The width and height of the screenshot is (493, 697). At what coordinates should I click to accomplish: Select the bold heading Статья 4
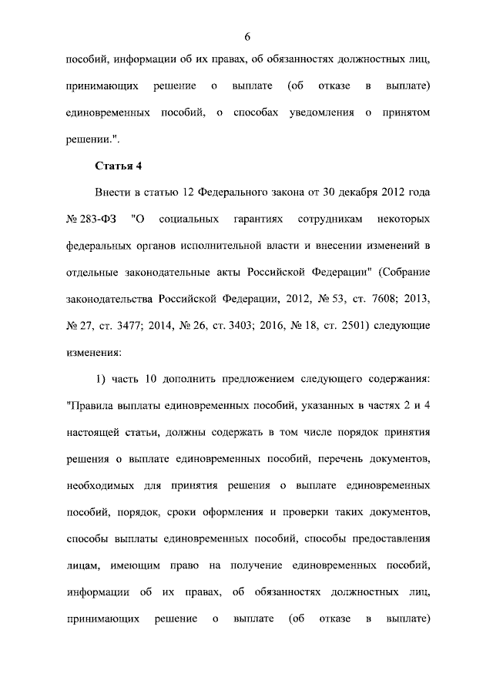pos(119,166)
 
